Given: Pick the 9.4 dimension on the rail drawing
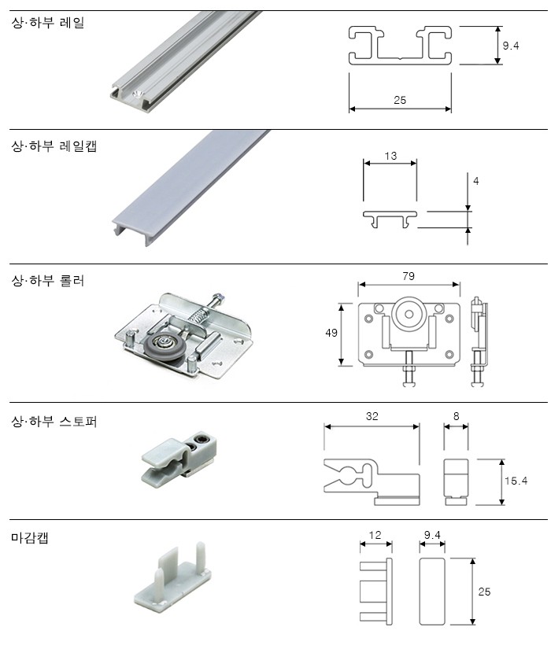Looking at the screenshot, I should [x=511, y=46].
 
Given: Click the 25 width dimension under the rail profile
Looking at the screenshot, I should [x=400, y=100].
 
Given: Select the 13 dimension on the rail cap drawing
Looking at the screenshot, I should [x=390, y=156].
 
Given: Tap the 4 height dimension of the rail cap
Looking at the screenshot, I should [x=475, y=181].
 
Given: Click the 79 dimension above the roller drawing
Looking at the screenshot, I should [x=408, y=276].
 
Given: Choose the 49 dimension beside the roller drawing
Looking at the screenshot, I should [x=331, y=333].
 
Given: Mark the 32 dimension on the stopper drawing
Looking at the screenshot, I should [x=372, y=416].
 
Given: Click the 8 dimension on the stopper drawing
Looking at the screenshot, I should [x=457, y=416].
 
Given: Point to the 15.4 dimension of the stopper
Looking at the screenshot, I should [x=515, y=480].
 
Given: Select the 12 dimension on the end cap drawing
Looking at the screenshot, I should [x=375, y=535].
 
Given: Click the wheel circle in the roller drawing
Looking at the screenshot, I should [x=409, y=314].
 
